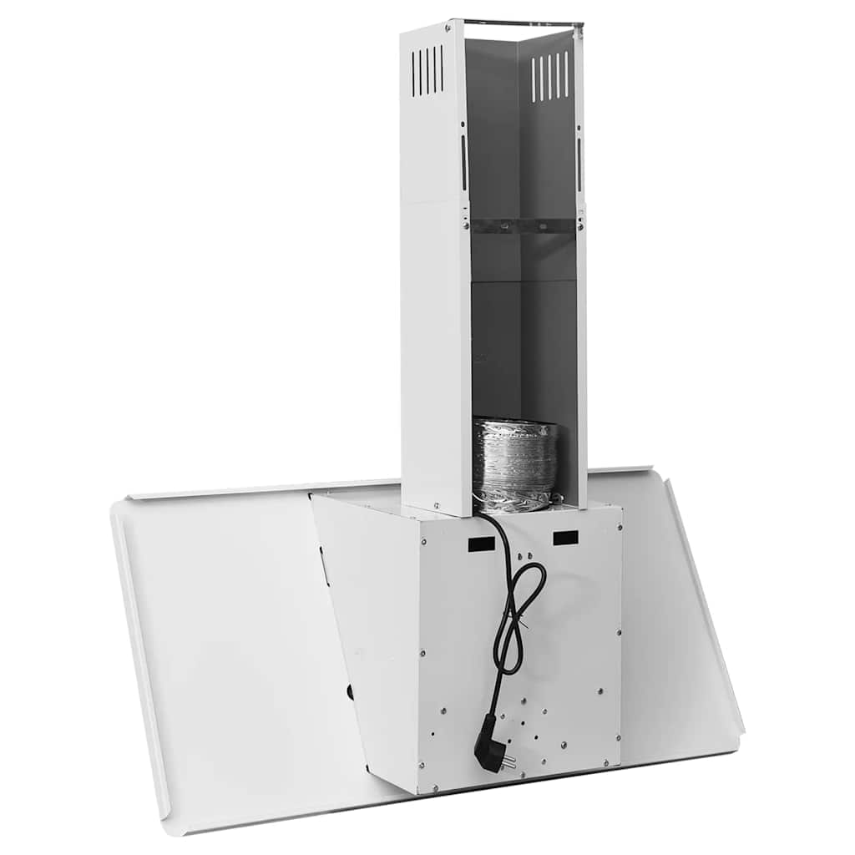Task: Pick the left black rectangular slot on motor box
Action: [481, 544]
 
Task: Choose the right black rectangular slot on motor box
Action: [567, 538]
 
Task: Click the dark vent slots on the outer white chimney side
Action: [427, 70]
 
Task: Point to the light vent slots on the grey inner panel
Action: [551, 77]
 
